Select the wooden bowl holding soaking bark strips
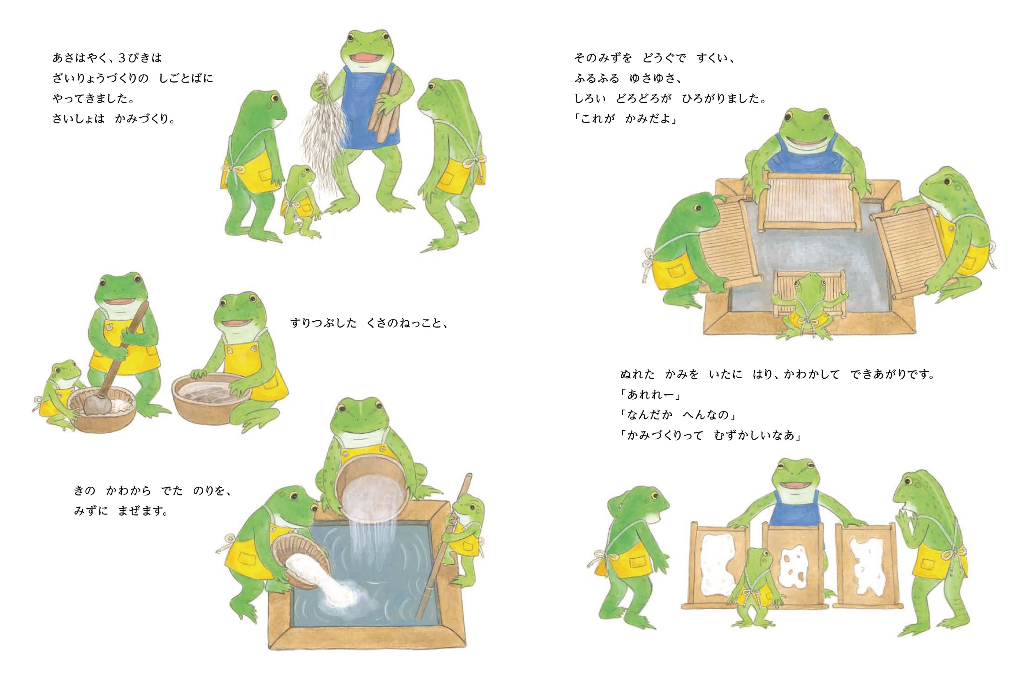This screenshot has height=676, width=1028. (x=211, y=398)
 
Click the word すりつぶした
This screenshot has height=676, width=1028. (x=324, y=323)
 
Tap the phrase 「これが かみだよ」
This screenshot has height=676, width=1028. (x=625, y=119)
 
